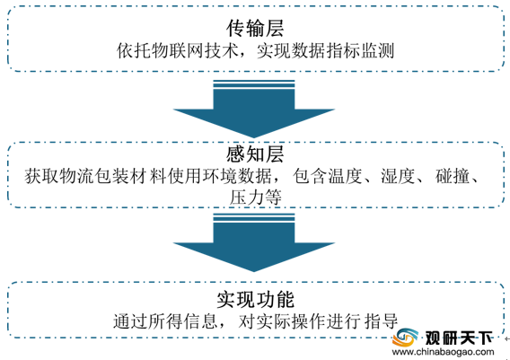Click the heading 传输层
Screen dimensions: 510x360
click(255, 29)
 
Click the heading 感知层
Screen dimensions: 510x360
click(255, 154)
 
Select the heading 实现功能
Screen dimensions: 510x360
click(256, 300)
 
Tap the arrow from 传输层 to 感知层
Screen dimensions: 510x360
click(254, 109)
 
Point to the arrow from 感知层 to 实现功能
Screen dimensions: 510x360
click(254, 242)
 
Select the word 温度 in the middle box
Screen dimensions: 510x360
click(345, 176)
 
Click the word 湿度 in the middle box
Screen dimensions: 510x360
click(398, 176)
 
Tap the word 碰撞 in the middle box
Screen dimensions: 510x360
click(453, 176)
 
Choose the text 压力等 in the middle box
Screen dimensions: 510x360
click(255, 198)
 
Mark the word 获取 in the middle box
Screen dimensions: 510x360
click(41, 176)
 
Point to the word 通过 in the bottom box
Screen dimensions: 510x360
click(130, 321)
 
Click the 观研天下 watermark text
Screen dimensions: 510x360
click(459, 338)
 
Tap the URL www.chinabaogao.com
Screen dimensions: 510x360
click(443, 352)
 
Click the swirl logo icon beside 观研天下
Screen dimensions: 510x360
click(405, 338)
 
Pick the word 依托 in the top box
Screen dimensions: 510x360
click(134, 51)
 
